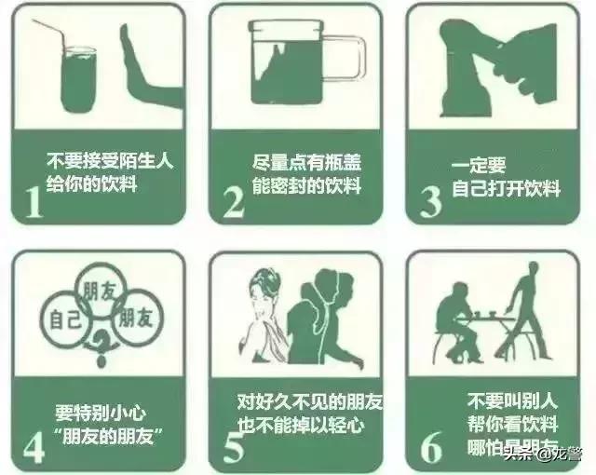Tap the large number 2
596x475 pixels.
pyautogui.click(x=233, y=199)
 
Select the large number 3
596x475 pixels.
pyautogui.click(x=430, y=199)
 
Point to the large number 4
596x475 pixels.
pyautogui.click(x=34, y=443)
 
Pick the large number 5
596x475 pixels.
pyautogui.click(x=233, y=444)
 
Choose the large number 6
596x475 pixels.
pyautogui.click(x=431, y=444)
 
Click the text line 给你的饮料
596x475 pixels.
pyautogui.click(x=92, y=183)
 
